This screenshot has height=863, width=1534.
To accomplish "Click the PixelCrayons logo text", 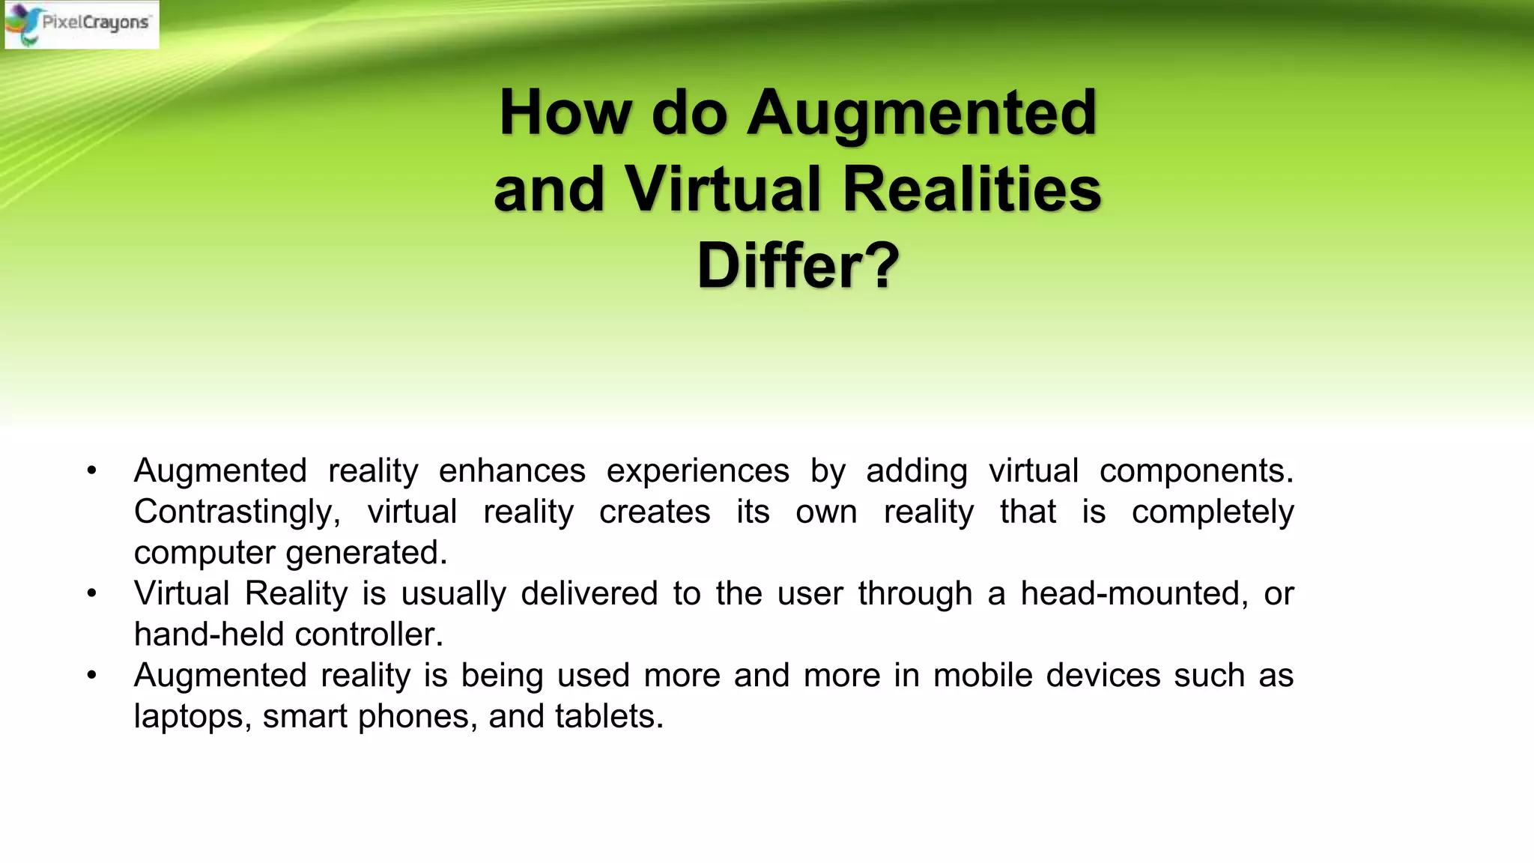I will (x=95, y=22).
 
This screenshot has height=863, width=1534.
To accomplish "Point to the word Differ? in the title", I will (x=798, y=266).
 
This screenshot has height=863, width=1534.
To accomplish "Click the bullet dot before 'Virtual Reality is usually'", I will (x=92, y=594).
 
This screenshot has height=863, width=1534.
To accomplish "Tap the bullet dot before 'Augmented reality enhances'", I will (x=92, y=471).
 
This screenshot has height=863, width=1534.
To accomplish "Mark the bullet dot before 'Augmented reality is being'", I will (x=92, y=676).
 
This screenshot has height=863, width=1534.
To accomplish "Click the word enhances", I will (x=512, y=471).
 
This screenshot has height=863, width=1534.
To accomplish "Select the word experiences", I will (x=697, y=471).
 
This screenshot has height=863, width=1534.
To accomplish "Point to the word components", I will (x=1196, y=471).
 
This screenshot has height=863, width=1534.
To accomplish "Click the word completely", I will (x=1213, y=512).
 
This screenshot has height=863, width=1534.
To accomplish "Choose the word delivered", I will (x=589, y=594).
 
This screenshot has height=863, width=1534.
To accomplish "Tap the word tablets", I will (x=609, y=717).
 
